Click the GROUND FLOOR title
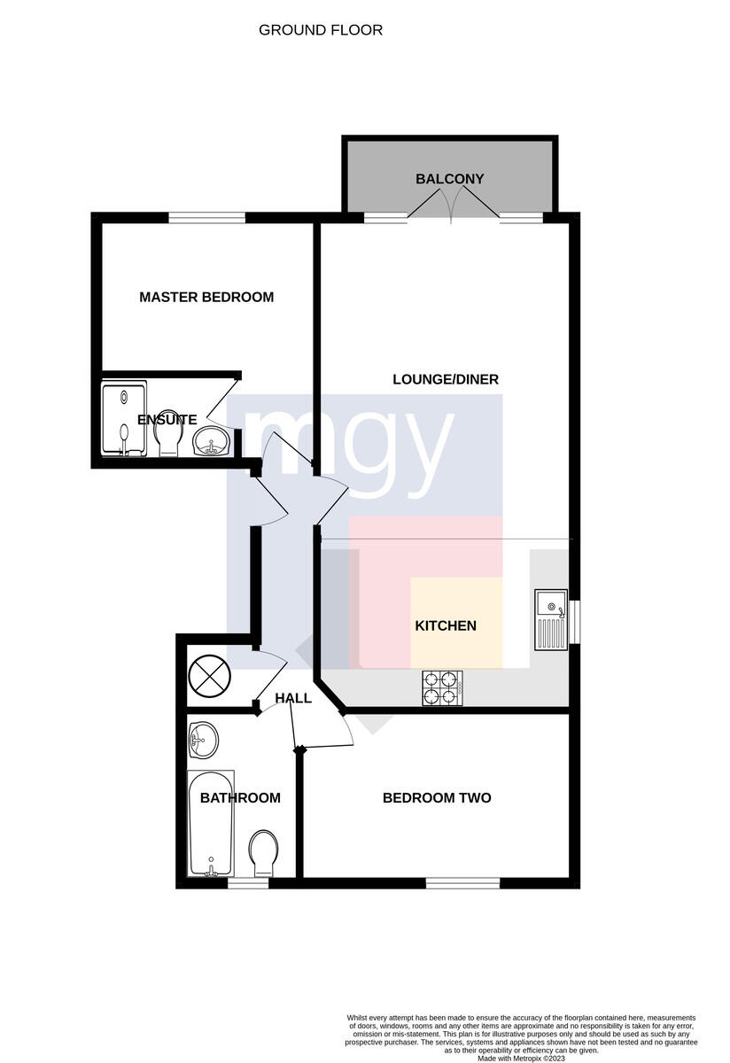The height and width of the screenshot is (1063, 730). click(321, 30)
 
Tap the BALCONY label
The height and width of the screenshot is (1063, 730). click(449, 179)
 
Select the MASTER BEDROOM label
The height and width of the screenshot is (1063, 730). click(206, 297)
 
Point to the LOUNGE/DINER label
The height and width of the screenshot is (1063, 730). click(446, 379)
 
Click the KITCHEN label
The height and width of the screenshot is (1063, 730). click(446, 625)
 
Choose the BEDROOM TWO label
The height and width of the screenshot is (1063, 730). click(437, 798)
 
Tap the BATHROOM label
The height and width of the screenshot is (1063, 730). click(240, 798)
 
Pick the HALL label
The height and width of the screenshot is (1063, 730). click(293, 698)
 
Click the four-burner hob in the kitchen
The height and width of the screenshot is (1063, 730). click(443, 687)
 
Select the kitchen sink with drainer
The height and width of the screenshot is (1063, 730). click(551, 620)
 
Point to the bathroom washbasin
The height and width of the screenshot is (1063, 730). click(203, 741)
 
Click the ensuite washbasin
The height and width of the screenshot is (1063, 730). click(212, 441)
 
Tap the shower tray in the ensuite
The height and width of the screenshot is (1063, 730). click(124, 418)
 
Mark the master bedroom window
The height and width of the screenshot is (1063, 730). click(207, 218)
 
